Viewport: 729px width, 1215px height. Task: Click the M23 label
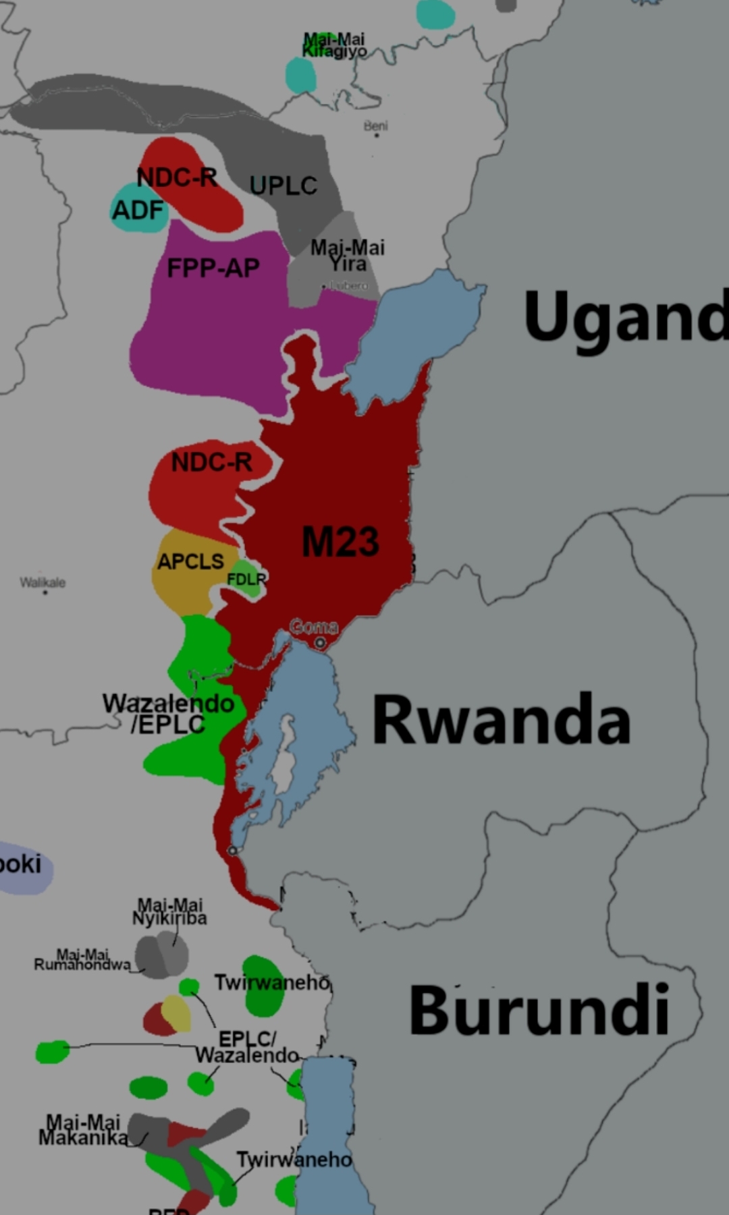340,542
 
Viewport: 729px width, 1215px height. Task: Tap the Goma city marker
319,642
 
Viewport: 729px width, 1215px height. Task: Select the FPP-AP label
213,268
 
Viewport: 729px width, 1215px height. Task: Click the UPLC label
283,186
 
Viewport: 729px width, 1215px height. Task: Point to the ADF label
138,210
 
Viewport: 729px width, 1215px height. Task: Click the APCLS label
190,561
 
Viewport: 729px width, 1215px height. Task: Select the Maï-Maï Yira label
348,256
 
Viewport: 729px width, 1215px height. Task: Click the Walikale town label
43,582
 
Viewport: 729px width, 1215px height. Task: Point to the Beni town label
375,125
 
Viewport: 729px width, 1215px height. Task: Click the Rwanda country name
501,720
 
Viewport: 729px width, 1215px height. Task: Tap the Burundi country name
539,1010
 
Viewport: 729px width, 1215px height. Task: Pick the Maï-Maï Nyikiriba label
169,911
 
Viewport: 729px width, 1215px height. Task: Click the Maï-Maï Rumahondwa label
82,959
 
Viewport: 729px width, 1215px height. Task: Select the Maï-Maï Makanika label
83,1130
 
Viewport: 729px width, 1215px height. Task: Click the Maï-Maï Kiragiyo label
334,45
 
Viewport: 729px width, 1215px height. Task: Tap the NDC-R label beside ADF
177,177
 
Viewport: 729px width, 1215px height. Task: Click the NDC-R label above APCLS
211,462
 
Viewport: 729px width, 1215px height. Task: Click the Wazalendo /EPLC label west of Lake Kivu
169,713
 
